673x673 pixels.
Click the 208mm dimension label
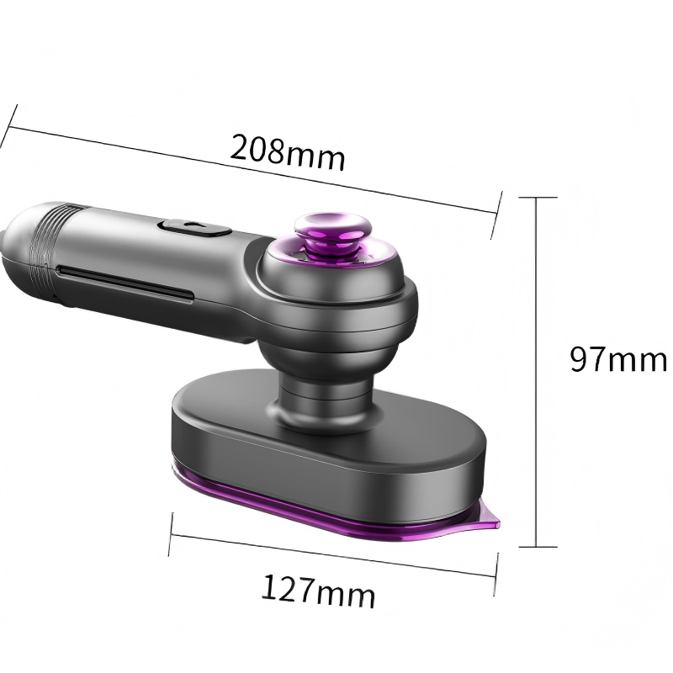pyautogui.click(x=288, y=152)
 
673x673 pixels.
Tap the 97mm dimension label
pyautogui.click(x=617, y=359)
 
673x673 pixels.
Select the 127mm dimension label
pyautogui.click(x=318, y=591)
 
